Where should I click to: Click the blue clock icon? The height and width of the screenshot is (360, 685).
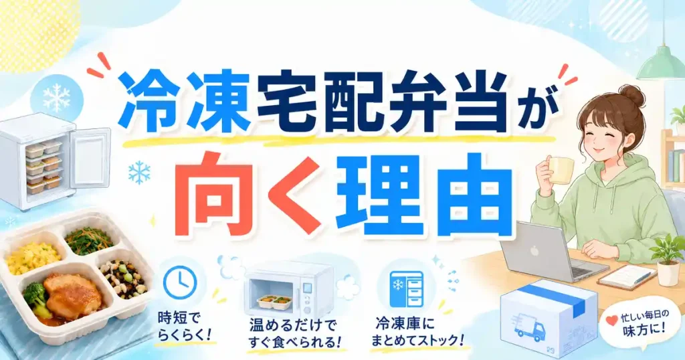(x=180, y=282)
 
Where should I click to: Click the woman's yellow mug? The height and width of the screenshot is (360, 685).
(x=561, y=170)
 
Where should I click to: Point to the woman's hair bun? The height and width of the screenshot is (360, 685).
(x=631, y=96)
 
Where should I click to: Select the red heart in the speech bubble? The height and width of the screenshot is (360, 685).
(x=611, y=321)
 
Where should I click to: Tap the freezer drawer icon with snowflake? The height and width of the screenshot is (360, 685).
(x=406, y=289)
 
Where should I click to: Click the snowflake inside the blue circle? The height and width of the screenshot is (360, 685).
(x=56, y=98)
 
